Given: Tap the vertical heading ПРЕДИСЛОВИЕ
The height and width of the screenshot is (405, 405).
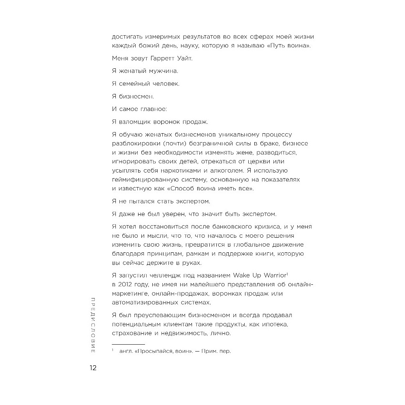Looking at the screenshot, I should pos(93,326).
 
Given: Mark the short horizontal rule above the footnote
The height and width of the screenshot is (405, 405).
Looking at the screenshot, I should pos(128,343).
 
